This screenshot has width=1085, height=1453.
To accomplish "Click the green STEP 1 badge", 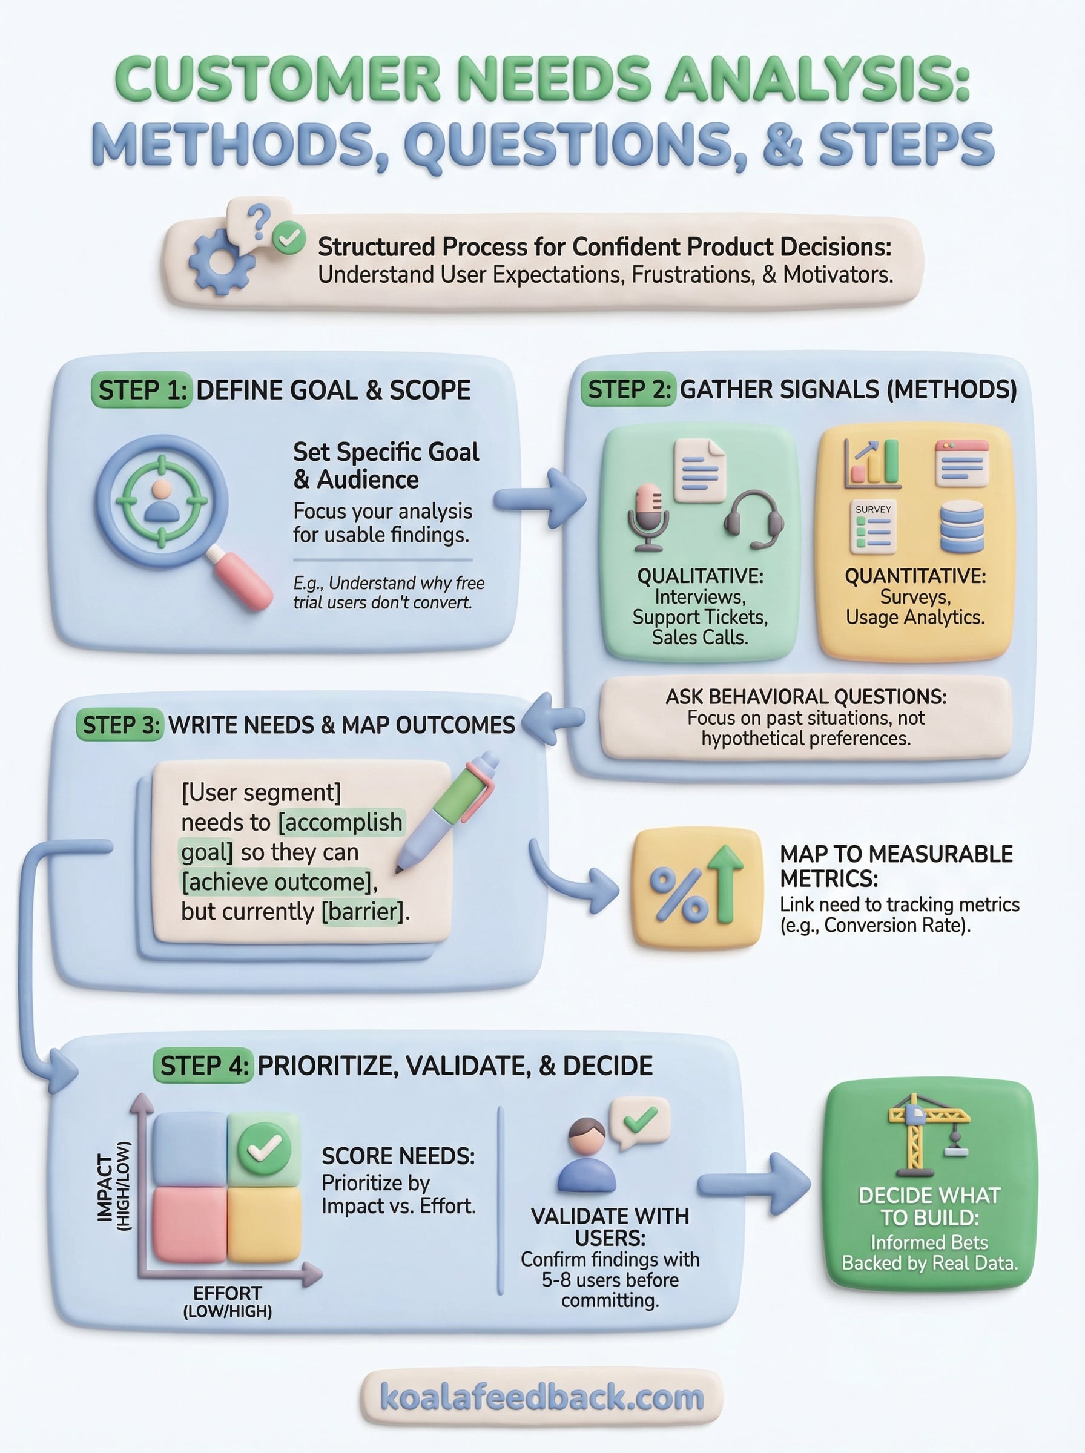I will [140, 390].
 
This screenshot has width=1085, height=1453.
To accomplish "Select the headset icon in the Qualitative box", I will [754, 519].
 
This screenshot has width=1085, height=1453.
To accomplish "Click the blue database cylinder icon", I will [961, 527].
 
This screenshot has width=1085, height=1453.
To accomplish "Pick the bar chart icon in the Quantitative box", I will [872, 464].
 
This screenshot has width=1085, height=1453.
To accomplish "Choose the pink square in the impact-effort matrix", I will [189, 1223].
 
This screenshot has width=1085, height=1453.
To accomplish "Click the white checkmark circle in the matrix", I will [264, 1148].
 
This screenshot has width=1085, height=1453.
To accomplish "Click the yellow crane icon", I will [929, 1134].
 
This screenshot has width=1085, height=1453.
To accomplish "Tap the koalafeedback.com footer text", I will [542, 1397].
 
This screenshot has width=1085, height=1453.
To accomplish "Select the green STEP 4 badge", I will [203, 1066].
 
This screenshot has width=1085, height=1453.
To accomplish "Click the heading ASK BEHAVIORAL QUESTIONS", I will [806, 697].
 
